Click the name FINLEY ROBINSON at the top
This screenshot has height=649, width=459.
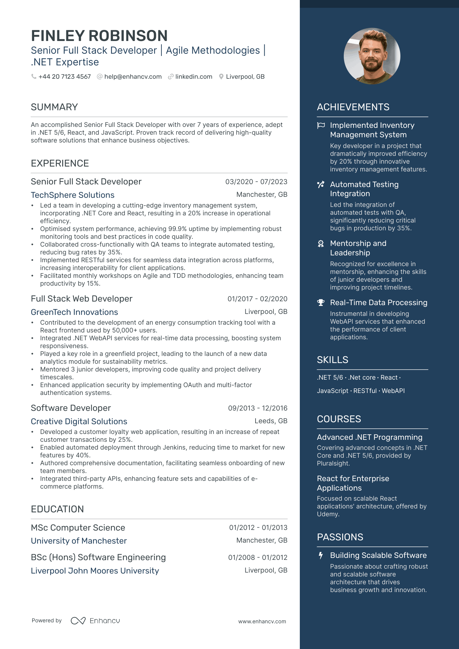[99, 36]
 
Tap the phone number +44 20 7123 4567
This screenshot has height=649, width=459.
[64, 77]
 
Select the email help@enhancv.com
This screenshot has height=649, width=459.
[133, 77]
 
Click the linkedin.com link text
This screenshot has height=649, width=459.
[194, 77]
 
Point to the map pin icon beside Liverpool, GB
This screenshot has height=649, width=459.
[221, 77]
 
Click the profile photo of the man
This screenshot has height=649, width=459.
[372, 56]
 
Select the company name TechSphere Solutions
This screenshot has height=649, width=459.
[73, 195]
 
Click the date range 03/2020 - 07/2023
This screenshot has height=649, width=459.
[256, 182]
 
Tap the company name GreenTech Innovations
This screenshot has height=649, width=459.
[74, 312]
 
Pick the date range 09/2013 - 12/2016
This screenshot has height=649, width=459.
[257, 408]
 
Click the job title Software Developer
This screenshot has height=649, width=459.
[71, 408]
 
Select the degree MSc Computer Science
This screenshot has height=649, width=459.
[78, 528]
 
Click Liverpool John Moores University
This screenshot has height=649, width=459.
[95, 571]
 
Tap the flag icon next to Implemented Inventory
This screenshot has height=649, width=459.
[321, 126]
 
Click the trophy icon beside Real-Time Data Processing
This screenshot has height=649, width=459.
[321, 303]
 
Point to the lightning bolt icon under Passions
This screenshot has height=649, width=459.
[321, 555]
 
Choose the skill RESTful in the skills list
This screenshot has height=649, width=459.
[365, 391]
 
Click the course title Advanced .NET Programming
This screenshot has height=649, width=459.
[369, 437]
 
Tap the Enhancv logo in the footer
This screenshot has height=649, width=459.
[95, 621]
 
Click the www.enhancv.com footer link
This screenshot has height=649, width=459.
[262, 621]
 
